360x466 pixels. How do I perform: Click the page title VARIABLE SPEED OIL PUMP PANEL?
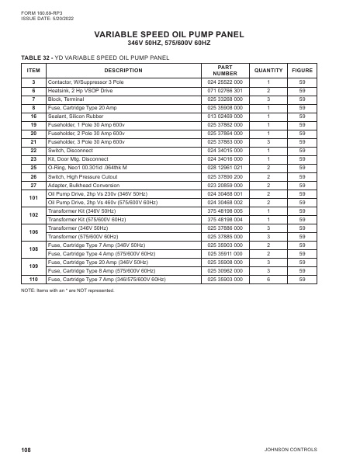click(180, 34)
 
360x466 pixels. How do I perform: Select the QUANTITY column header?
click(268, 71)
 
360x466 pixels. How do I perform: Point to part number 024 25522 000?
click(225, 82)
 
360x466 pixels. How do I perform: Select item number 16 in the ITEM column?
click(33, 116)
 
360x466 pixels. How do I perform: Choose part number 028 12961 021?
click(225, 167)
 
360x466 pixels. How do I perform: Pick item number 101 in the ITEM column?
click(33, 198)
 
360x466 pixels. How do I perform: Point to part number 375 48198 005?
click(225, 211)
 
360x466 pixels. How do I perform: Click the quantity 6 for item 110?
click(268, 278)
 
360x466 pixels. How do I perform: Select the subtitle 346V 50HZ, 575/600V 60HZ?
click(180, 43)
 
